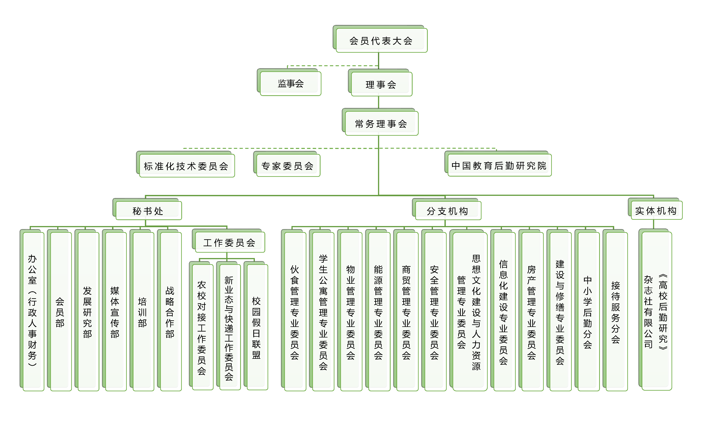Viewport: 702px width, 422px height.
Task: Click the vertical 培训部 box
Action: tap(143, 311)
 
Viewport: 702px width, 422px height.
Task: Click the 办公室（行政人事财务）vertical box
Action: tap(33, 311)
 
